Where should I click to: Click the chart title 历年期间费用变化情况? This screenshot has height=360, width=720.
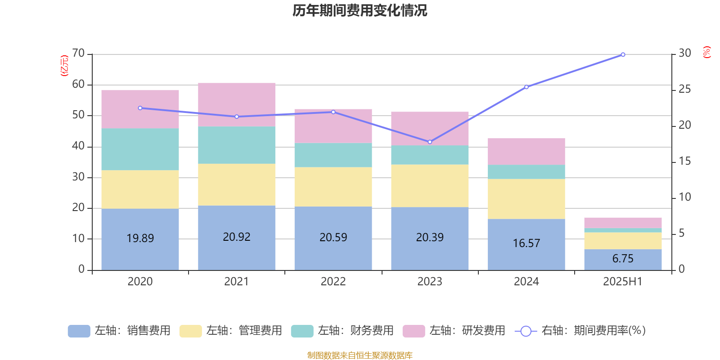coord(360,10)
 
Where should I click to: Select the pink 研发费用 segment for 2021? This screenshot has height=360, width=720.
coord(237,104)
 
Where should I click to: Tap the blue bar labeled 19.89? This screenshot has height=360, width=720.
coord(140,238)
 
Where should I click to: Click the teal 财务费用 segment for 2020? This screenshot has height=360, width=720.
coord(140,149)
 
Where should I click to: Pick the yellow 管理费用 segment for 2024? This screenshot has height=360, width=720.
coord(526,199)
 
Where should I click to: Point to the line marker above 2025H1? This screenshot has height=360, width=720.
coord(623,55)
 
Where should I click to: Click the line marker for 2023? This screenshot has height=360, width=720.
coord(430,142)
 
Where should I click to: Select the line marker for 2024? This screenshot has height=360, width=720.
coord(526,87)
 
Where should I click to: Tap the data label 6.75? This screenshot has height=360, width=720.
coord(623,259)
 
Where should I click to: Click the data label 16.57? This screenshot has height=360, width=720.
coord(526,243)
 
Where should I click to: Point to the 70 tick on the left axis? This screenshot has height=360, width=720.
coord(78,54)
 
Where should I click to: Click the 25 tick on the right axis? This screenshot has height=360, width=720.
coord(684,89)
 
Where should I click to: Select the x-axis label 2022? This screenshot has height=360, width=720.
coord(333,282)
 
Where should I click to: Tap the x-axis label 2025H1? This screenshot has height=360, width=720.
coord(623,282)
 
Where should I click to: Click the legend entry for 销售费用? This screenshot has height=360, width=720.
coord(120,331)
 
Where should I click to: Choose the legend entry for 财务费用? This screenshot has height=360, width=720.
coord(343,331)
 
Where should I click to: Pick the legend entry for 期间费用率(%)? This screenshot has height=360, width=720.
coord(580,331)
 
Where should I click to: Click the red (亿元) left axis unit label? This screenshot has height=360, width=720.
coord(64,66)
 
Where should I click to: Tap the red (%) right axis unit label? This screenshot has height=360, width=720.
coord(706,52)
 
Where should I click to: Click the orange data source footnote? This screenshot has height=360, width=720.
coord(360,355)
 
